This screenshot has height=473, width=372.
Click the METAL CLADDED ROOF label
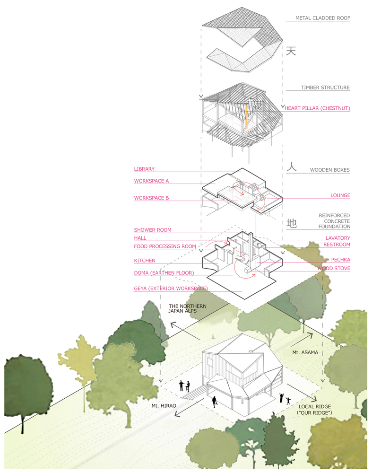(x=322, y=18)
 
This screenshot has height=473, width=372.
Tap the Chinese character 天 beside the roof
(x=291, y=51)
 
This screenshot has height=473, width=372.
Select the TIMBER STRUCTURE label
(x=325, y=88)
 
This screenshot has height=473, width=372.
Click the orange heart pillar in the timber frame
(x=246, y=117)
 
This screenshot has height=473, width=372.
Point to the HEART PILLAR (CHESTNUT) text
(x=318, y=108)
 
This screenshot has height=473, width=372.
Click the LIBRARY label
(x=144, y=169)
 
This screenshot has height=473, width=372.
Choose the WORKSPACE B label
(x=151, y=198)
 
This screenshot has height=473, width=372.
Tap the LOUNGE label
(x=340, y=195)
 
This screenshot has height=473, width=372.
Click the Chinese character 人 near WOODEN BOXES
(x=292, y=167)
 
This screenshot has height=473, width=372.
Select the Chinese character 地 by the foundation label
(x=292, y=223)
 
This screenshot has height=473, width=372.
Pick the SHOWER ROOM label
(x=153, y=230)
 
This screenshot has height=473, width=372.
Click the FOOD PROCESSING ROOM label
(x=165, y=246)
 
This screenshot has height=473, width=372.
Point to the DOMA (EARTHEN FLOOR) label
(x=164, y=273)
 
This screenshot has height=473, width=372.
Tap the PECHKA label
(x=341, y=260)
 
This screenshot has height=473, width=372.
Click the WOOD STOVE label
(x=334, y=268)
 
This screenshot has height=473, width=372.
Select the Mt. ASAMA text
(x=305, y=352)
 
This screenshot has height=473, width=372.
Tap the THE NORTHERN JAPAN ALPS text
(x=187, y=308)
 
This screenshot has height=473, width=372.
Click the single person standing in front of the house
(x=214, y=402)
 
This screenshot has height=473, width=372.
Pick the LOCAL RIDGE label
(x=315, y=407)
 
